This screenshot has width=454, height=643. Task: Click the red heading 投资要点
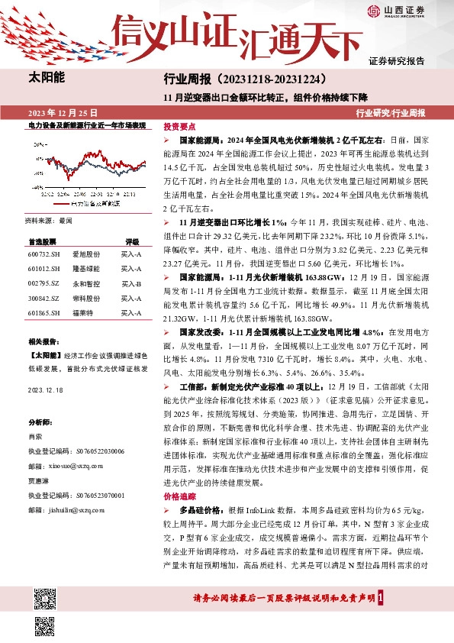coord(180,127)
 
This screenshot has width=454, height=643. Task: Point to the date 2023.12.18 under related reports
coord(47,389)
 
